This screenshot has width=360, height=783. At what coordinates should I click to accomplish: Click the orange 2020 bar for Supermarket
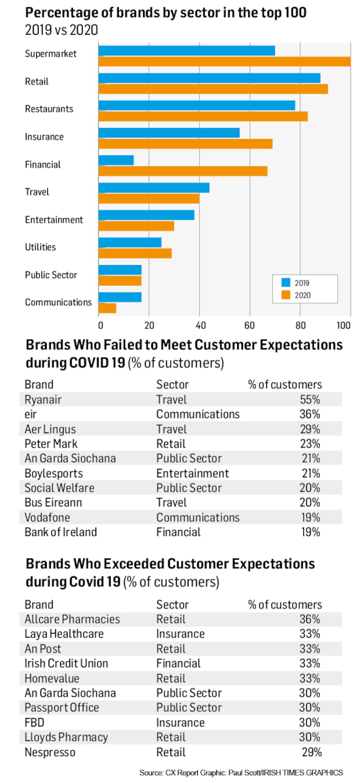pos(224,61)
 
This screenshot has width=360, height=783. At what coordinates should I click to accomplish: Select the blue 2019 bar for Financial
pos(116,160)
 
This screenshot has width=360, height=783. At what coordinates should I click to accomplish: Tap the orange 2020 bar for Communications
pos(108,308)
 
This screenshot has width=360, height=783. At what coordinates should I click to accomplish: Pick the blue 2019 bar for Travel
pos(154,188)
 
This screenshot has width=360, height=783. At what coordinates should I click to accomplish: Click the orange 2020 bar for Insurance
pos(185,144)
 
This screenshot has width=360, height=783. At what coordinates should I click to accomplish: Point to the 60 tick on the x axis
pos(249,326)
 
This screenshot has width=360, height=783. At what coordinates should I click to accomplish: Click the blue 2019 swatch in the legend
pos(286,283)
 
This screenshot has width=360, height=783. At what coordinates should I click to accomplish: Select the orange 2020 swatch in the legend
pos(286,295)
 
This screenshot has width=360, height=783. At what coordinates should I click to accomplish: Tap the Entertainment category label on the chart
pos(54,220)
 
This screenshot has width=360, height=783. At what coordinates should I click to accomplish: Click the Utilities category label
pos(40,247)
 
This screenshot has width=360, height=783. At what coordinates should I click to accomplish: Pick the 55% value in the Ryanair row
pos(310,400)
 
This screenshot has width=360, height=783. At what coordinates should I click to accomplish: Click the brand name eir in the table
pos(31,414)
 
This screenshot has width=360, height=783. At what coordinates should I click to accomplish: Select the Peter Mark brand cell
pos(51,444)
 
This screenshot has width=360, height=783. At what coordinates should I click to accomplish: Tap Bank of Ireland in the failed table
pos(61,532)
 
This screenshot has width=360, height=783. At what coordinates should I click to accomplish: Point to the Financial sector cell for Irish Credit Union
pos(179,664)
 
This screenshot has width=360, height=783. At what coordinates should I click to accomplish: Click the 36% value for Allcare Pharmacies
pos(310,620)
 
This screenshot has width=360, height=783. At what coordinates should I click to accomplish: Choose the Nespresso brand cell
pos(50,752)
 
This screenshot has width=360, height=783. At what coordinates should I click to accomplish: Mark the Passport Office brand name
pos(62,708)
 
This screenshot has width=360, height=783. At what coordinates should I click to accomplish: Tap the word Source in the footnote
pos(151,773)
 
